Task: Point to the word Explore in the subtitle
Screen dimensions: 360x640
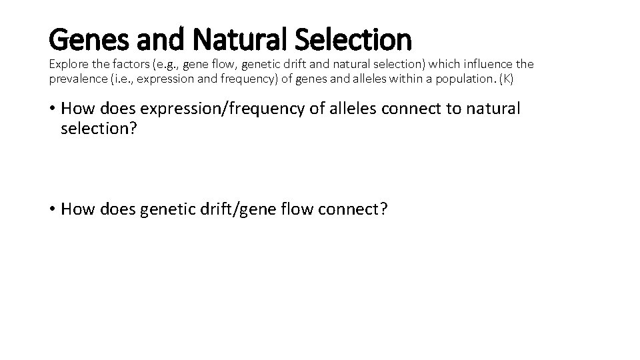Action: (x=68, y=64)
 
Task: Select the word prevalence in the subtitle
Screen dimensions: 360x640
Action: (x=77, y=78)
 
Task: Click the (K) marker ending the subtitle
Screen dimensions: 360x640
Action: (x=507, y=78)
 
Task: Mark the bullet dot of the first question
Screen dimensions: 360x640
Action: (x=52, y=109)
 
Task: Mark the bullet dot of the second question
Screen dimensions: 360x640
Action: (x=52, y=209)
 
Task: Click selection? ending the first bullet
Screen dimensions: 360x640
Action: (x=99, y=129)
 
